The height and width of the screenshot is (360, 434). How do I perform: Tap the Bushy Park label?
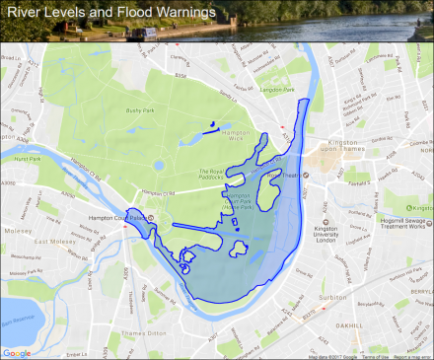click(x=137, y=110)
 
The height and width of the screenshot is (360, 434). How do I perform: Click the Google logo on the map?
click(x=16, y=352)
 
